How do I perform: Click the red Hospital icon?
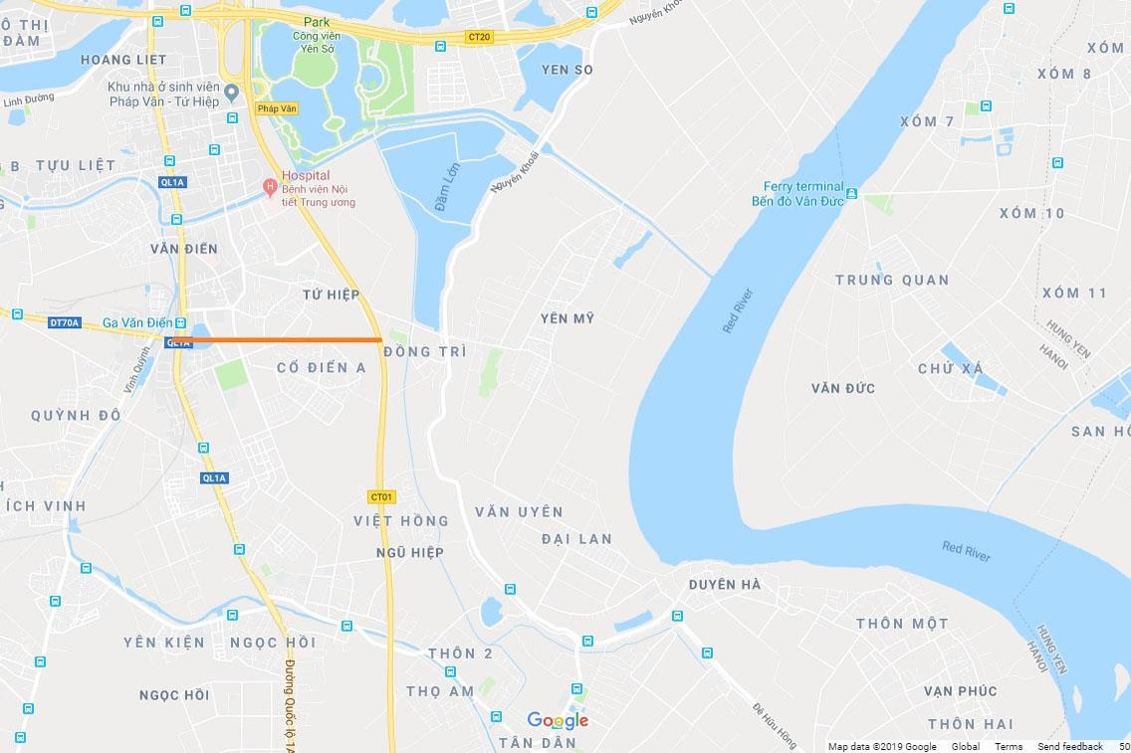268,187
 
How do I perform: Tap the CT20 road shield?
479,37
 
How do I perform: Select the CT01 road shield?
381,496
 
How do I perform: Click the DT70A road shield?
63,322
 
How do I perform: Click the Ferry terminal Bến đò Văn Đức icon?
851,194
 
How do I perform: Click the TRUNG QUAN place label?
892,280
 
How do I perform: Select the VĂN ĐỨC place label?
843,388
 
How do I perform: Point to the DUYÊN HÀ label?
725,585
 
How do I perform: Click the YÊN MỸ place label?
566,318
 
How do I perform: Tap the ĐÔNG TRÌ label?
424,351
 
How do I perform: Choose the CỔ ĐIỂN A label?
322,368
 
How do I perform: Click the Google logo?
558,720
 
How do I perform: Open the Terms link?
1008,746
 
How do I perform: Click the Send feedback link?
1069,746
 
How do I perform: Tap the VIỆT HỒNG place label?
401,520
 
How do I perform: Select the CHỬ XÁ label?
951,369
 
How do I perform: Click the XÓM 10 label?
1031,213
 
